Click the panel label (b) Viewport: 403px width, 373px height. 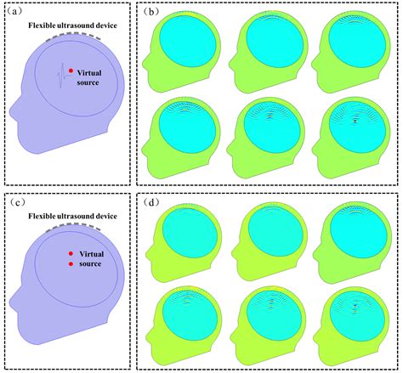pyautogui.click(x=150, y=12)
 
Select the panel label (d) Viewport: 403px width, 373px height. pyautogui.click(x=150, y=202)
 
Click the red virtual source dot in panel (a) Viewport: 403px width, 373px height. pyautogui.click(x=71, y=71)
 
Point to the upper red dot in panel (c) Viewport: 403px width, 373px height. pyautogui.click(x=71, y=253)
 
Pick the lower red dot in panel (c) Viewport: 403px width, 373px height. pyautogui.click(x=71, y=264)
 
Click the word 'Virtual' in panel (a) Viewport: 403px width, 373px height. pyautogui.click(x=89, y=73)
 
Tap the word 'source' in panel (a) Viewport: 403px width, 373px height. pyautogui.click(x=88, y=82)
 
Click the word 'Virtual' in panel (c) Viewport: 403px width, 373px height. pyautogui.click(x=92, y=254)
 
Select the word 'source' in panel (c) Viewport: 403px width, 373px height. pyautogui.click(x=90, y=264)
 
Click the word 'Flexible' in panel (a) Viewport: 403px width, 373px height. pyautogui.click(x=41, y=25)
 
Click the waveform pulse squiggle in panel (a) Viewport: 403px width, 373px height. pyautogui.click(x=62, y=76)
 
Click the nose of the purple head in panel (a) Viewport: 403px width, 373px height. pyautogui.click(x=11, y=111)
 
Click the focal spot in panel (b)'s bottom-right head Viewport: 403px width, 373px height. pyautogui.click(x=355, y=121)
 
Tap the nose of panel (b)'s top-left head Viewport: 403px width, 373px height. pyautogui.click(x=144, y=60)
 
